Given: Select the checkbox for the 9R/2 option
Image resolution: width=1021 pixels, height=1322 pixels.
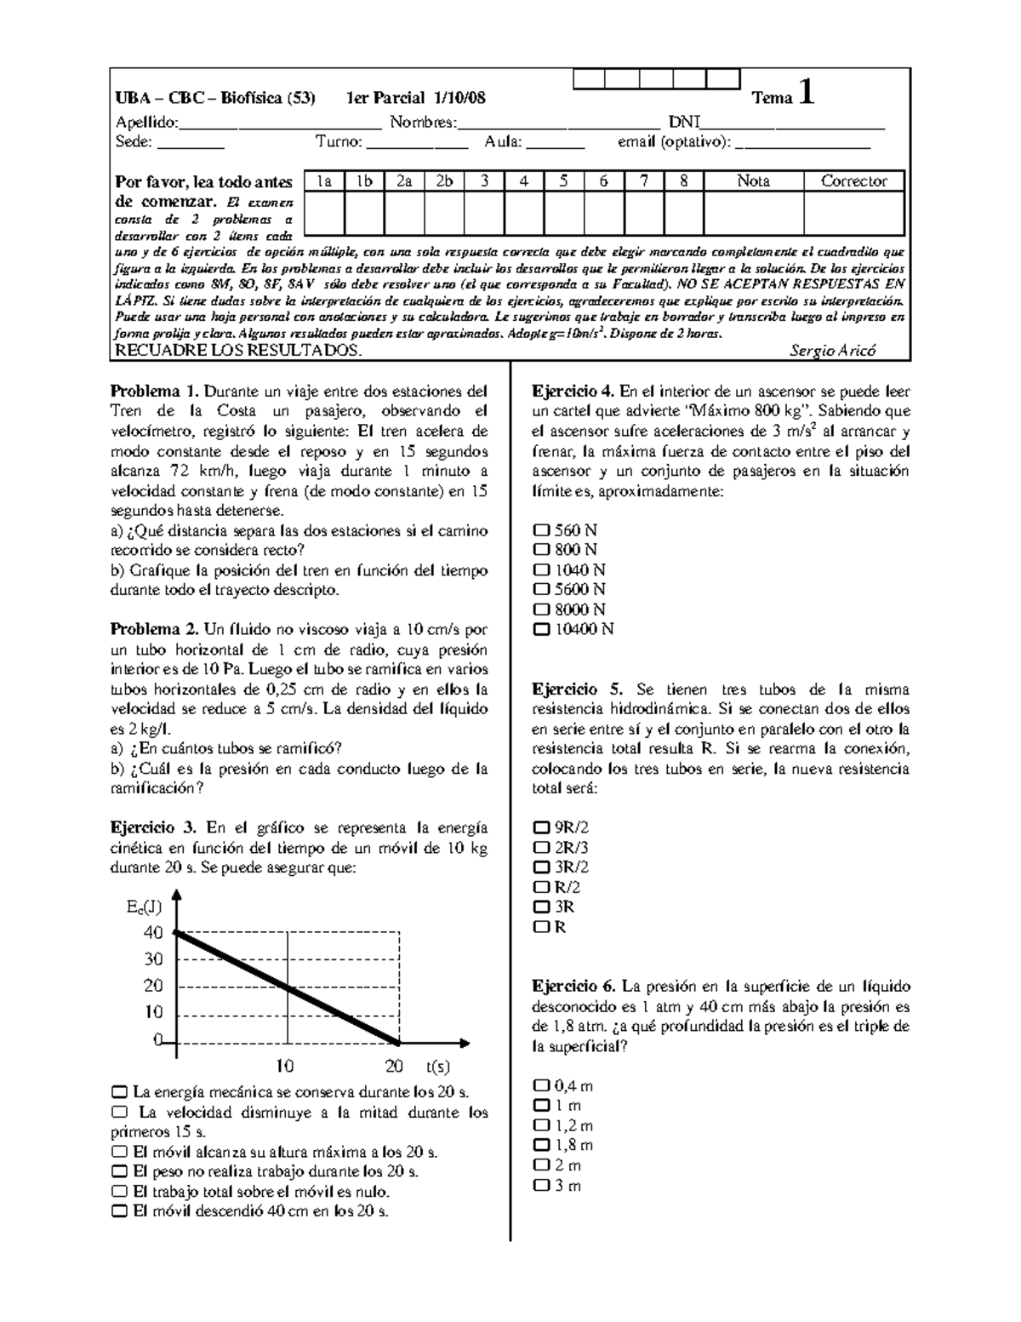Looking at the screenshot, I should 541,827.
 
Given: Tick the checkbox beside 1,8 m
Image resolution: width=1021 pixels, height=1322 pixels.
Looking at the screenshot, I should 541,1146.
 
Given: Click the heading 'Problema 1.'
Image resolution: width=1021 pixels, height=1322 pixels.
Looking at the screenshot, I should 154,392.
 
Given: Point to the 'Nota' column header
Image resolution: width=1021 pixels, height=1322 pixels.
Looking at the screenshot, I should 753,180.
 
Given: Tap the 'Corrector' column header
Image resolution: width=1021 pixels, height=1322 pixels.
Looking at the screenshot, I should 853,180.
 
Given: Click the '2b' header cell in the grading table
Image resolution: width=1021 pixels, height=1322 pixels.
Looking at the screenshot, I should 444,180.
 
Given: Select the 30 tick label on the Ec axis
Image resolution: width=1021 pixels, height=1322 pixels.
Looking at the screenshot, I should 153,959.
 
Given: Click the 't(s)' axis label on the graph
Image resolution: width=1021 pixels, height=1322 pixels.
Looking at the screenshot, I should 438,1066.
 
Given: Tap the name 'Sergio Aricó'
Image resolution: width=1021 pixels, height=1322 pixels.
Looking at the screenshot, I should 832,351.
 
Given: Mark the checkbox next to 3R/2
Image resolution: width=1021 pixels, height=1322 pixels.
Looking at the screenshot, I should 541,867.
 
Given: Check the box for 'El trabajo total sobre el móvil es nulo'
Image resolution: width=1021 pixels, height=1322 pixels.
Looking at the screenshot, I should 119,1192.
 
